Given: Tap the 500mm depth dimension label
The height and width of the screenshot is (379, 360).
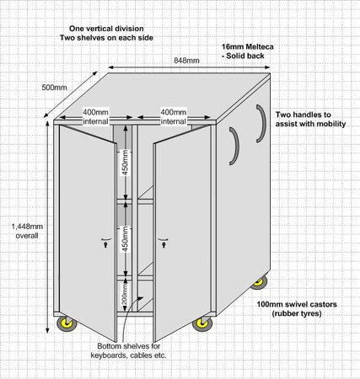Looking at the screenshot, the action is click(x=55, y=88).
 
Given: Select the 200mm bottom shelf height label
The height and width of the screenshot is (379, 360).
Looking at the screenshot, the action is click(x=125, y=294).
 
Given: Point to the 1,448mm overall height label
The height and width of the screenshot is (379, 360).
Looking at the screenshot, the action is click(x=27, y=231).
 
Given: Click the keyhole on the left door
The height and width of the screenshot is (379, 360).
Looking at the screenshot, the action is click(x=105, y=245).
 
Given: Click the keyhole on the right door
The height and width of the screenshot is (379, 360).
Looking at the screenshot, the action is click(x=163, y=245).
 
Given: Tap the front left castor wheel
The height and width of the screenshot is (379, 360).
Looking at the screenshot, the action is click(x=67, y=323).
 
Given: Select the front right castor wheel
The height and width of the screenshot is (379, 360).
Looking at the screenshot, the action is click(x=202, y=323).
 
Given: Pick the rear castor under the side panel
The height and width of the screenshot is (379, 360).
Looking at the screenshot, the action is click(x=259, y=282).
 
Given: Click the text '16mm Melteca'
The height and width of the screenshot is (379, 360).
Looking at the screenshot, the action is click(x=248, y=46).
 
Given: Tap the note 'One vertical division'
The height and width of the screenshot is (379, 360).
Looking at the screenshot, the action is click(x=106, y=29).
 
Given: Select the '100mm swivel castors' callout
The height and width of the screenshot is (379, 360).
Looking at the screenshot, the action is click(x=297, y=304).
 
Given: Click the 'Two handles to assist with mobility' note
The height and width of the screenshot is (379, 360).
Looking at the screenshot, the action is click(x=310, y=120).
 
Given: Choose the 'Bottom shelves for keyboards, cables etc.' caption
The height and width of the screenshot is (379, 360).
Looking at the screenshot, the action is click(x=129, y=350).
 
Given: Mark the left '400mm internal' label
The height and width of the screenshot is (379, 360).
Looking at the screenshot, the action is click(x=95, y=117).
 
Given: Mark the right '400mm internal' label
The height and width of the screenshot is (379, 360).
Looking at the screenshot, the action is click(x=174, y=117).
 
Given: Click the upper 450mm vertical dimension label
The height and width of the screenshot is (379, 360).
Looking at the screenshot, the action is click(x=126, y=163).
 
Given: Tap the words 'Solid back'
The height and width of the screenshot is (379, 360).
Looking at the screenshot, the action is click(x=245, y=56).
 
